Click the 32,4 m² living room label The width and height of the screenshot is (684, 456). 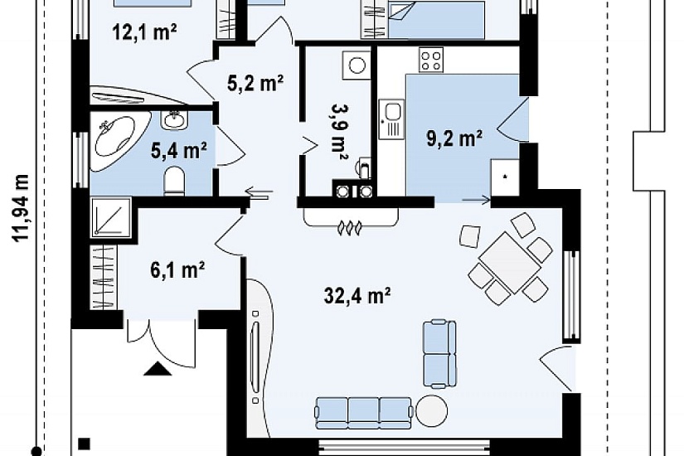[357, 296]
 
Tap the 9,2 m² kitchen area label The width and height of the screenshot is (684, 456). [454, 138]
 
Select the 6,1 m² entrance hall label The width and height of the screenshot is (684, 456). [177, 270]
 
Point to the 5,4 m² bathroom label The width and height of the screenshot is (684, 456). [178, 151]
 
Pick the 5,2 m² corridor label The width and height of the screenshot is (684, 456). [255, 82]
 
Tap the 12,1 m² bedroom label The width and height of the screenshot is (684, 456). [144, 32]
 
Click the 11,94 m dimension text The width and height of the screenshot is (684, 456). [21, 208]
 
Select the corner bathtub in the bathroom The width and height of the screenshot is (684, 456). [119, 142]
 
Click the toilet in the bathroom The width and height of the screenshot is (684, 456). [174, 182]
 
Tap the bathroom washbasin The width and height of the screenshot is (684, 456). [174, 119]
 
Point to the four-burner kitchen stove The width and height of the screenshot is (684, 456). [431, 60]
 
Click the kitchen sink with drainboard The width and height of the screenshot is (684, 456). [391, 119]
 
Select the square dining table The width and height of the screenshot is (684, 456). [509, 262]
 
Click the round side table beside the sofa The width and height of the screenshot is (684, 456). [431, 411]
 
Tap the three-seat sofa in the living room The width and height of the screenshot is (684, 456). [364, 413]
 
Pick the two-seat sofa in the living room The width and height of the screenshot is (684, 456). [439, 353]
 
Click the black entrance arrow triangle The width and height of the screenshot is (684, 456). [158, 369]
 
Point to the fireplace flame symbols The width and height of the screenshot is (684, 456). [350, 228]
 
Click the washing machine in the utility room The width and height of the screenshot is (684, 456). [357, 65]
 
